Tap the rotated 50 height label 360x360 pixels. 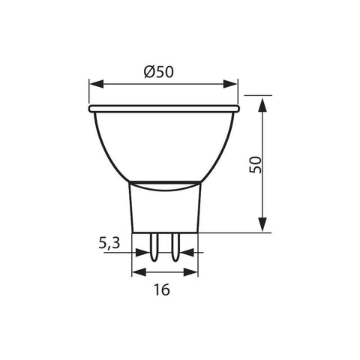point(256,166)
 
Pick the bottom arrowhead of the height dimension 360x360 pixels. point(262,226)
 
